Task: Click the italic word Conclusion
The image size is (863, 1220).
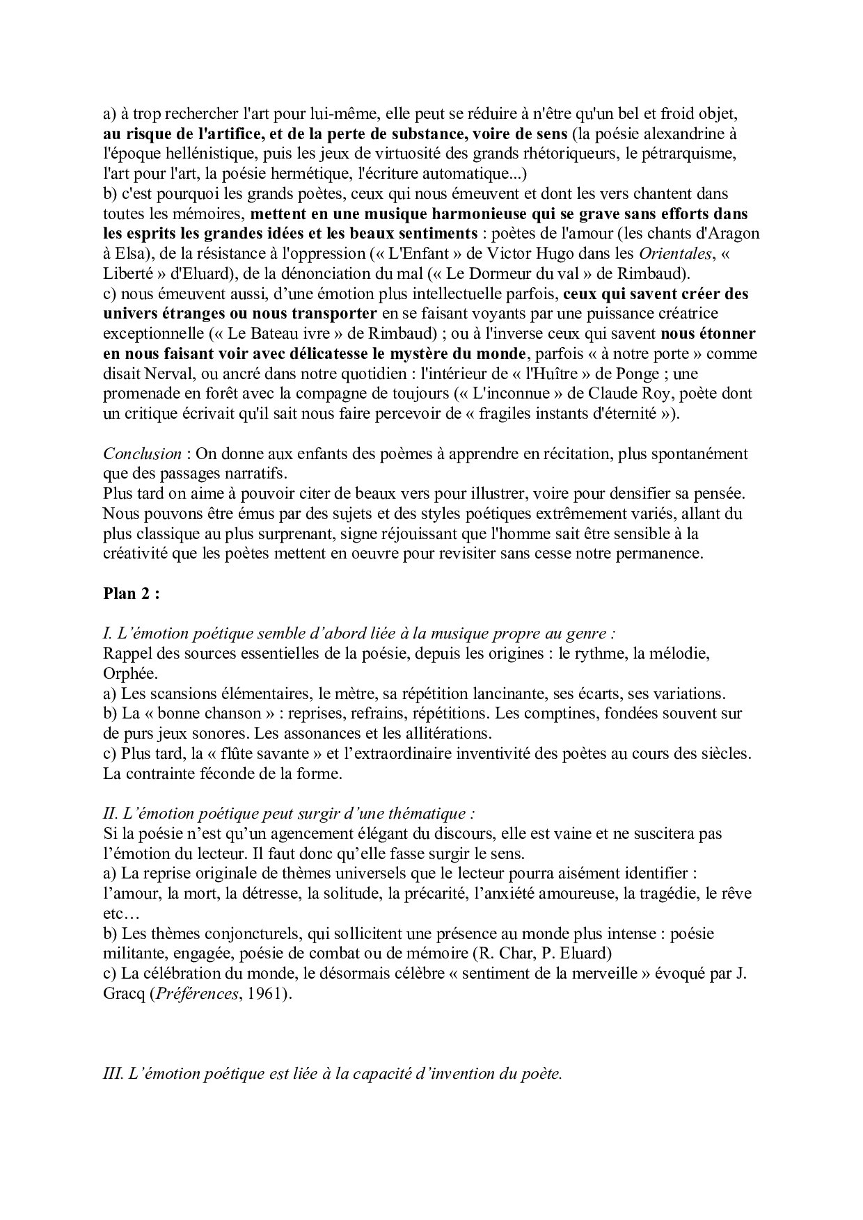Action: point(142,454)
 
